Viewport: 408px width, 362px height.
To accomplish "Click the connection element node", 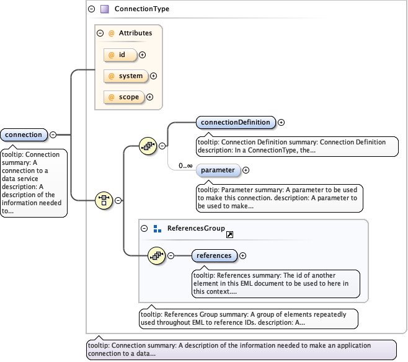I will [x=24, y=135].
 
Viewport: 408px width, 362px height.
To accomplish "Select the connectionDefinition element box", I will [x=236, y=122].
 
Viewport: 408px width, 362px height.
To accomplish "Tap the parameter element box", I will [x=218, y=170].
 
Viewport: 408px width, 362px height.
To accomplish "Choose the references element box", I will [x=214, y=255].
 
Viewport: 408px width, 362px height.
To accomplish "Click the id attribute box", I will [x=120, y=55].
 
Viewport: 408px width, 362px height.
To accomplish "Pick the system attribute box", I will [x=125, y=76].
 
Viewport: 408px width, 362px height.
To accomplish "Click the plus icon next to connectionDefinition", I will [x=282, y=122].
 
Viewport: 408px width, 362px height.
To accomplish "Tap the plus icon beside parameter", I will [x=246, y=170].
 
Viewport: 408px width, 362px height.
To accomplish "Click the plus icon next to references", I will [x=243, y=255].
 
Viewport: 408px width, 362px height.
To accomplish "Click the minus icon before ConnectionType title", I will [x=92, y=9].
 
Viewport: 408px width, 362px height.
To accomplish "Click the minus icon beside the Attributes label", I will [x=100, y=33].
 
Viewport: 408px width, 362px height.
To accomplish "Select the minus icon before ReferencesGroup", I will [x=144, y=228].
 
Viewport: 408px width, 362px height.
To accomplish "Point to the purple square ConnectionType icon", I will [x=104, y=9].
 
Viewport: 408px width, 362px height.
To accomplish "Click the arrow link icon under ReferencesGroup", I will [x=229, y=235].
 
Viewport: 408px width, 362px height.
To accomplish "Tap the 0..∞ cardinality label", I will [x=185, y=166].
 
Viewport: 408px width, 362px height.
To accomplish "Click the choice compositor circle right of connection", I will [x=104, y=200].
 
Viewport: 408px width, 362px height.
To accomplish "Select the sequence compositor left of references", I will [x=157, y=255].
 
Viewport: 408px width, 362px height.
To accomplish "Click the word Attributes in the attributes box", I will [x=131, y=33].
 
